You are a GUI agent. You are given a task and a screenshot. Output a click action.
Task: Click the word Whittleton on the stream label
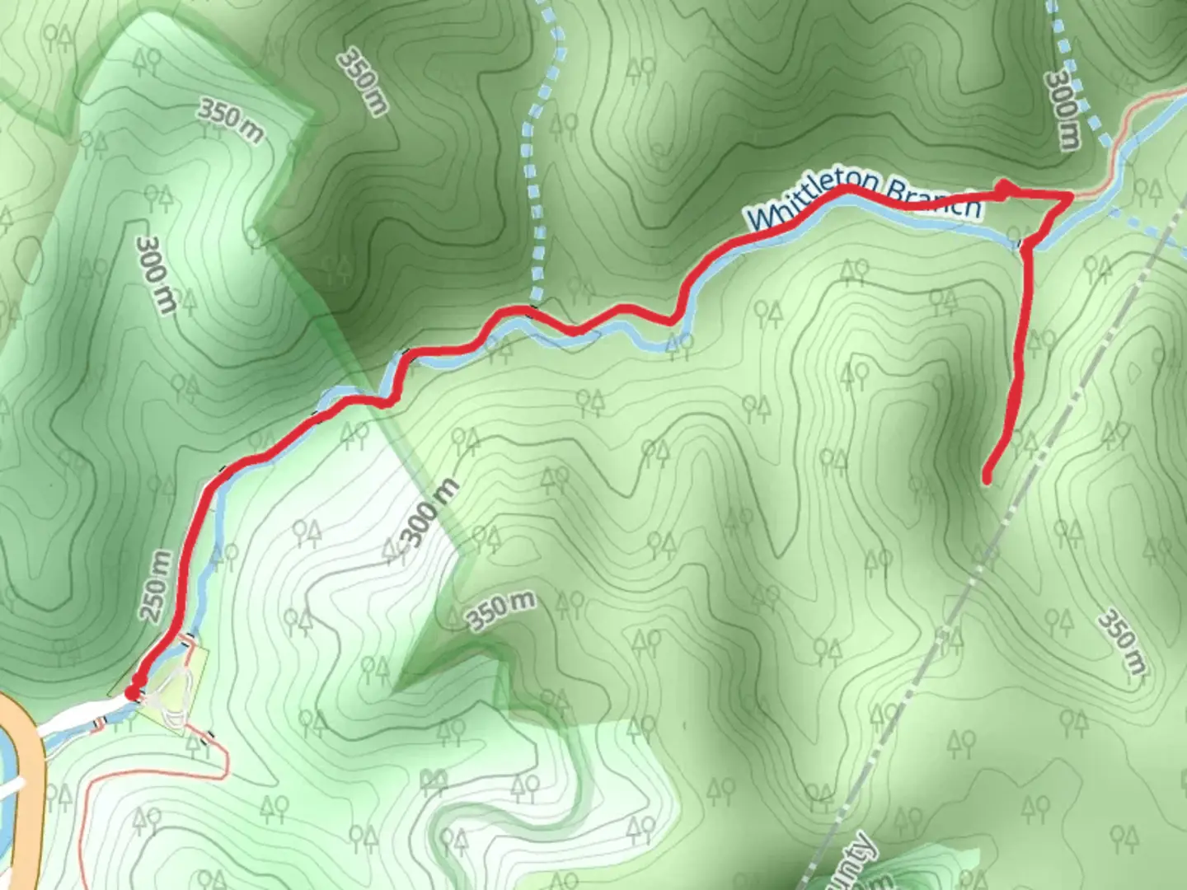pyautogui.click(x=804, y=203)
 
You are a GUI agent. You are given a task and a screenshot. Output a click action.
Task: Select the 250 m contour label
pyautogui.click(x=157, y=587)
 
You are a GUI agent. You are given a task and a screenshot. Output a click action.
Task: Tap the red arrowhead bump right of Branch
pyautogui.click(x=1003, y=190)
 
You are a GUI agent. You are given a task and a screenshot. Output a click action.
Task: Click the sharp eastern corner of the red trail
pyautogui.click(x=1071, y=195)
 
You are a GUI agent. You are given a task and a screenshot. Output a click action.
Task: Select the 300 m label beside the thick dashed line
pyautogui.click(x=1062, y=111)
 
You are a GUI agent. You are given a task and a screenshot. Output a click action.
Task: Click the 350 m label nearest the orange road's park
pyautogui.click(x=232, y=120)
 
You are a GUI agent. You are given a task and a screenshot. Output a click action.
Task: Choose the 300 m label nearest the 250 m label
pyautogui.click(x=156, y=274)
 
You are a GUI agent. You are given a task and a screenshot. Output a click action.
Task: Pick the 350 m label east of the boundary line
pyautogui.click(x=1122, y=643)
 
